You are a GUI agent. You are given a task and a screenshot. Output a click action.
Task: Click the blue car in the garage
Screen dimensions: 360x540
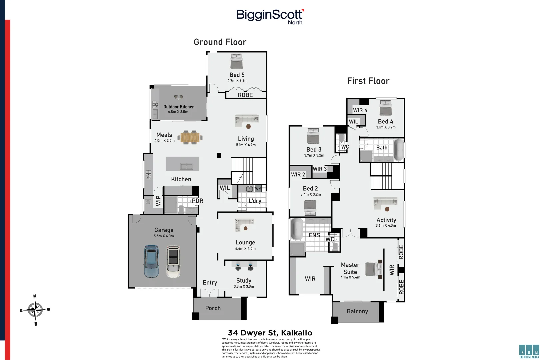[x=151, y=262]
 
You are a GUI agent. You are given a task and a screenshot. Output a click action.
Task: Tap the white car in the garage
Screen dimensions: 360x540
[x=173, y=262]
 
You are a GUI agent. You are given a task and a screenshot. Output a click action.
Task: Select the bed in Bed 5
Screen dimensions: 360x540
[x=236, y=61]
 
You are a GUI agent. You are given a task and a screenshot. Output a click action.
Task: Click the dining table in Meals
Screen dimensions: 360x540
[x=190, y=137]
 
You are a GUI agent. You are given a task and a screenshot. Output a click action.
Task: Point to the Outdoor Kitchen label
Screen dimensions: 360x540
[x=179, y=107]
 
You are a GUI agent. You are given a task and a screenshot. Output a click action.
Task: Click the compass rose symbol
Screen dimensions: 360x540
[x=35, y=310]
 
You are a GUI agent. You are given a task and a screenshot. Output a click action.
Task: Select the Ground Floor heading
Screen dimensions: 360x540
[x=220, y=42]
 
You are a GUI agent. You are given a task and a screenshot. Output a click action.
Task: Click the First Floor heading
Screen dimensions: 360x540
[x=368, y=81]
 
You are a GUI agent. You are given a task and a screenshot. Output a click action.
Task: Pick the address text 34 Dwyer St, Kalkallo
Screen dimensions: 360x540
[x=270, y=333]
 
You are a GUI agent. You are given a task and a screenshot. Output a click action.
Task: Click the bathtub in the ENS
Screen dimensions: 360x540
[x=296, y=229]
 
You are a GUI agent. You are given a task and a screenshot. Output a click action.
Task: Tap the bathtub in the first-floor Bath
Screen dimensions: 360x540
[x=398, y=150]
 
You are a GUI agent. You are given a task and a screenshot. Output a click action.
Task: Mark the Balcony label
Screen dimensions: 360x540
[x=357, y=311]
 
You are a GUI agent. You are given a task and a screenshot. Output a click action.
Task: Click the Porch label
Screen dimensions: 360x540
[x=213, y=308]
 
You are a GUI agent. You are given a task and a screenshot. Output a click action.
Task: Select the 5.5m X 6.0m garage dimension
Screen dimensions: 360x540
[x=164, y=236]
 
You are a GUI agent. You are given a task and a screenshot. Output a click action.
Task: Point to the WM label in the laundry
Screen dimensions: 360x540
[x=258, y=189]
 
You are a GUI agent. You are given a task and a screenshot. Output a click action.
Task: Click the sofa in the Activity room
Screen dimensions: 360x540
[x=385, y=202]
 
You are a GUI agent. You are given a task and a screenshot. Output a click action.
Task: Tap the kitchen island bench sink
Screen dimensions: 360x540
[x=186, y=166]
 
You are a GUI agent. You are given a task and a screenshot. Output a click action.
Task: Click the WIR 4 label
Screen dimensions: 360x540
[x=360, y=110]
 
